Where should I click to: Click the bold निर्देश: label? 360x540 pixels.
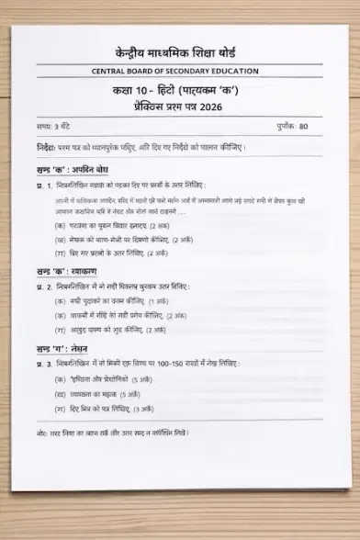(x=47, y=147)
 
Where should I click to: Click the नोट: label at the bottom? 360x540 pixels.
(x=42, y=432)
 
